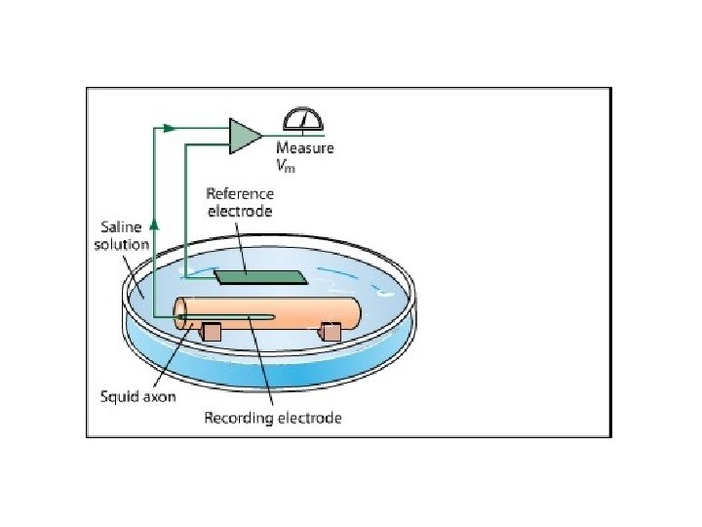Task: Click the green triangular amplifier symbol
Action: (243, 136)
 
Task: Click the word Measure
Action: (304, 148)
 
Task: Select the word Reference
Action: (240, 194)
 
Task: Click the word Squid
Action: (123, 397)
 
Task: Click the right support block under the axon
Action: (331, 333)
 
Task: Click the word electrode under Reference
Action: (239, 211)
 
